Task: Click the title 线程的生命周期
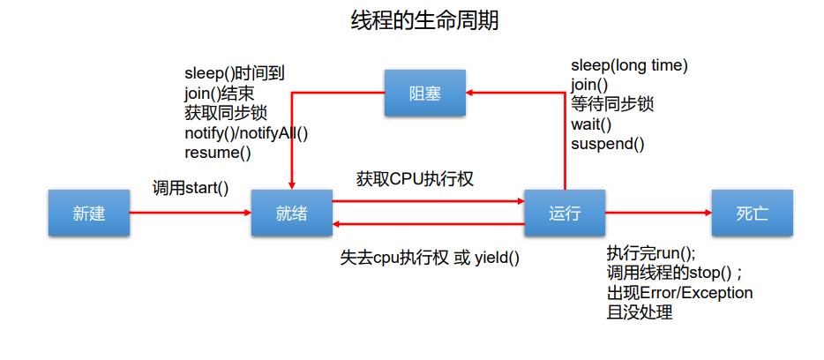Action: click(424, 21)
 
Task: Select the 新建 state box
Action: click(89, 213)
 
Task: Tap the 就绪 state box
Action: click(292, 213)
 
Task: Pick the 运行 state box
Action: click(565, 213)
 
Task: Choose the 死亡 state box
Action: click(752, 213)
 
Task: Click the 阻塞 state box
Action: click(424, 93)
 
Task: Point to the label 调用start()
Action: click(191, 188)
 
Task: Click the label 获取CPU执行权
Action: click(415, 179)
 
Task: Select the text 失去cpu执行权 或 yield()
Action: click(430, 258)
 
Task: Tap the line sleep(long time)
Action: click(630, 65)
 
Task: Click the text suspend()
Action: click(608, 144)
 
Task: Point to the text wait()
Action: click(591, 124)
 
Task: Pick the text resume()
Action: click(218, 153)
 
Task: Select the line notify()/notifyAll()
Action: click(246, 133)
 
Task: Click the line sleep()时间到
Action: click(235, 74)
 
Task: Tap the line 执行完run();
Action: click(651, 253)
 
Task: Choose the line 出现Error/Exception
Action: click(679, 292)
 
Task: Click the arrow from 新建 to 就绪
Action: click(191, 213)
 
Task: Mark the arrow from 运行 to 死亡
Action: click(658, 213)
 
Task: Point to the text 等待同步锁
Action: click(612, 104)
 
